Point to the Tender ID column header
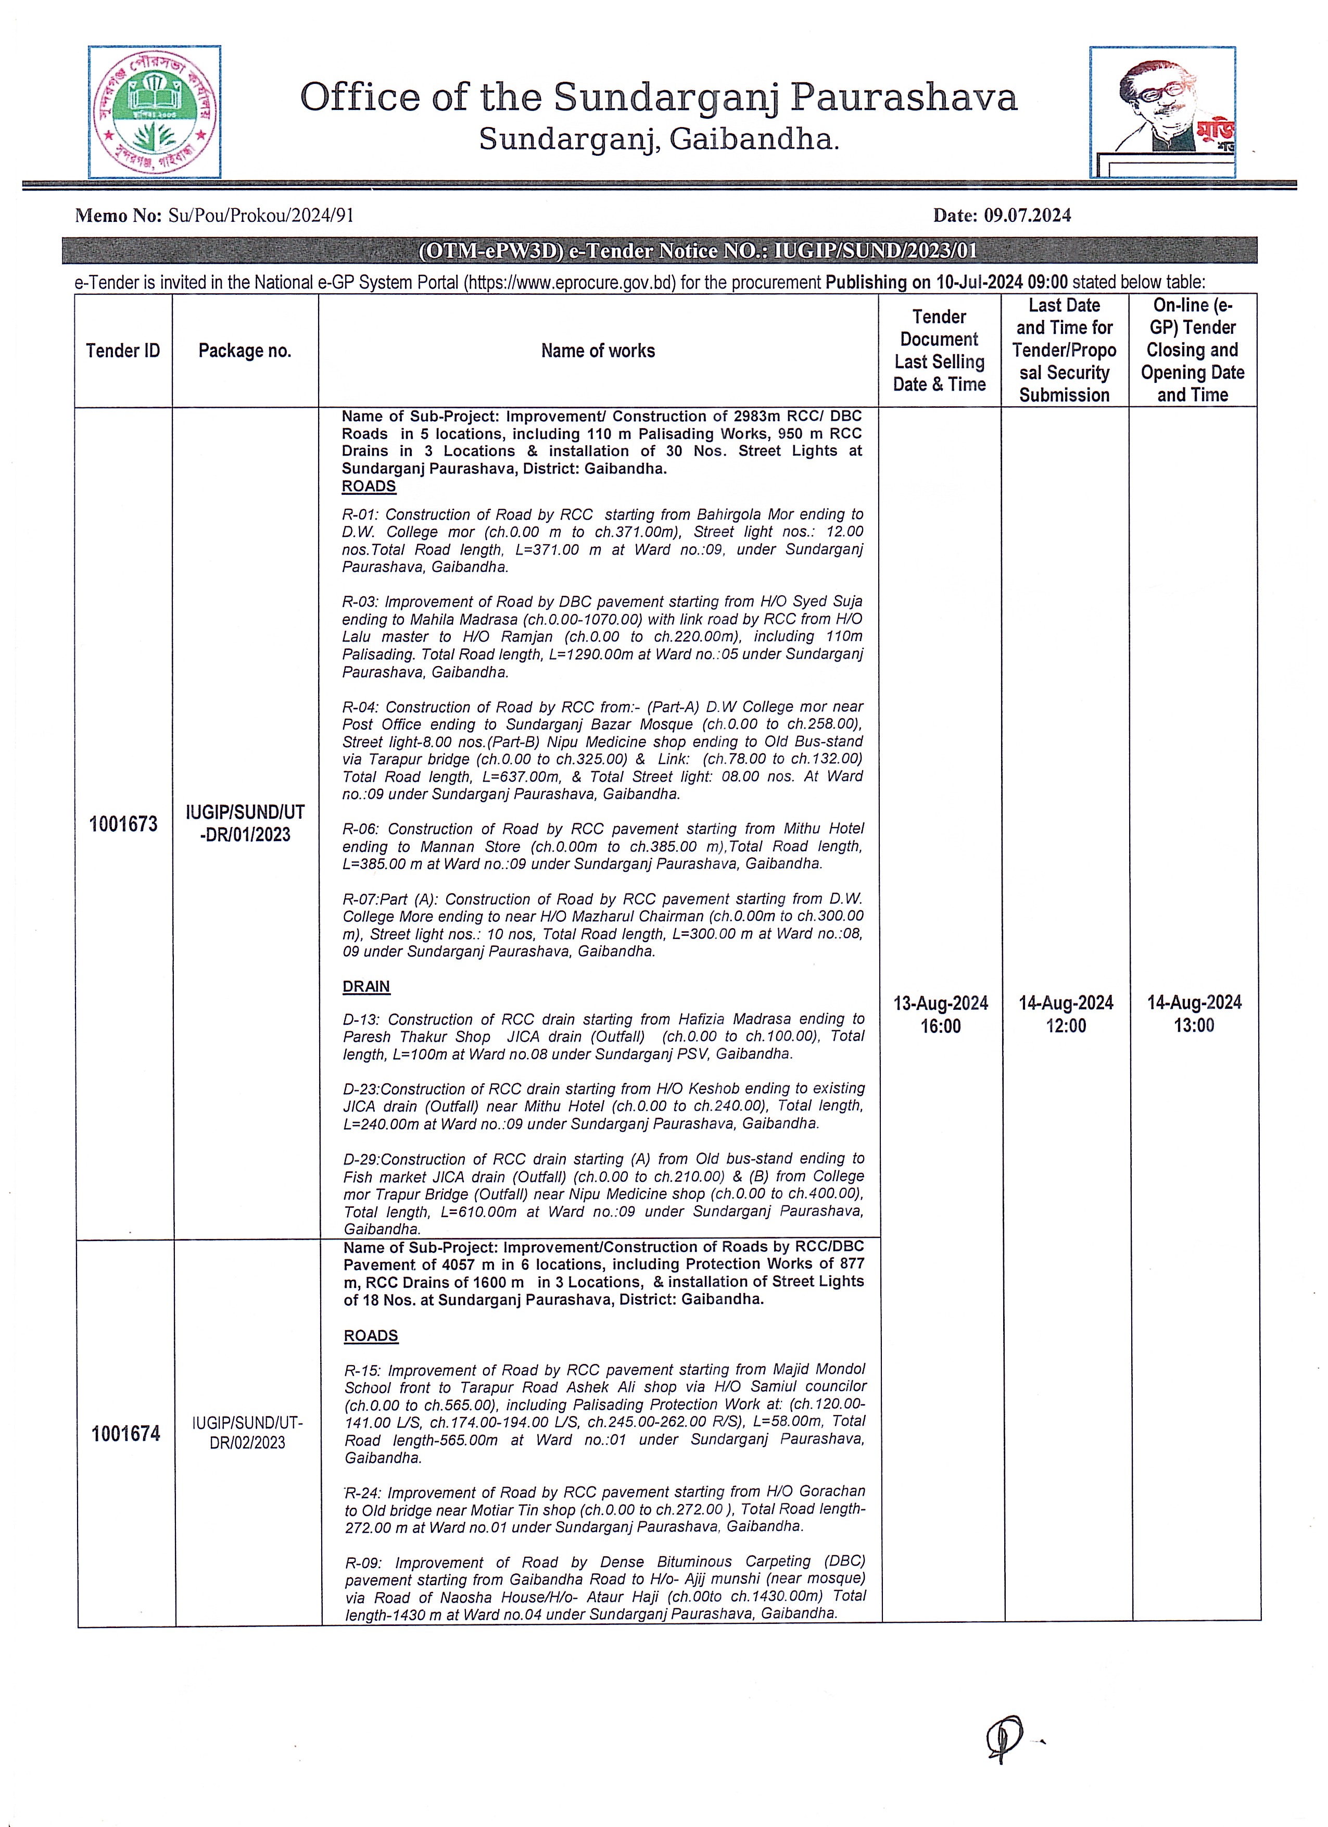point(123,351)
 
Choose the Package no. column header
point(245,351)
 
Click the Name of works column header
point(598,351)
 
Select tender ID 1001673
point(123,824)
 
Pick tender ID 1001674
point(125,1434)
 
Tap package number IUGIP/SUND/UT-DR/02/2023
point(247,1433)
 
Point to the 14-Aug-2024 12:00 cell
point(1066,1014)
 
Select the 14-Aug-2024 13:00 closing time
point(1194,1013)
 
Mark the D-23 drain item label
point(361,1089)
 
